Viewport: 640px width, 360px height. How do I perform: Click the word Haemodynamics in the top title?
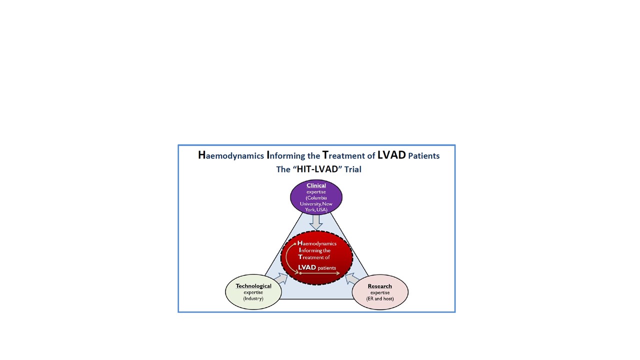(231, 155)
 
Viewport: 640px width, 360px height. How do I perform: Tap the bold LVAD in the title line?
(391, 155)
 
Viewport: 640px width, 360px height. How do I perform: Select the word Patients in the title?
(423, 155)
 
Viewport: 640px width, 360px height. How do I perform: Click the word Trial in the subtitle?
(353, 169)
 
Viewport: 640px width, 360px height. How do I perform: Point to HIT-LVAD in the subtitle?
(317, 169)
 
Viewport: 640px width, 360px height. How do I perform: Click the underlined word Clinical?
(316, 185)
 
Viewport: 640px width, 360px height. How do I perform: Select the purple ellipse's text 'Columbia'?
(317, 197)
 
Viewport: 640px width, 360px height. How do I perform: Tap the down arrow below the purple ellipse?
(316, 222)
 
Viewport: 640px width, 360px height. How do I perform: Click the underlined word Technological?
(253, 286)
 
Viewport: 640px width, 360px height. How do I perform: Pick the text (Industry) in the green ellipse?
(253, 298)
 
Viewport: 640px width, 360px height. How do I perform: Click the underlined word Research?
(379, 286)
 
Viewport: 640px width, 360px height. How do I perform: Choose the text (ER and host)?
(380, 299)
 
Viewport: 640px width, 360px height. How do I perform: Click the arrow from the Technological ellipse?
(281, 278)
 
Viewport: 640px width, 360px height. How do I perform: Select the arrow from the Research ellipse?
(352, 279)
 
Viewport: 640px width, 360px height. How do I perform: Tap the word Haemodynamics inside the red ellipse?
(317, 243)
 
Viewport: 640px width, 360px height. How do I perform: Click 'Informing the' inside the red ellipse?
(314, 250)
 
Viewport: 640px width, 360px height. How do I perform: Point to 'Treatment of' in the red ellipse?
(314, 257)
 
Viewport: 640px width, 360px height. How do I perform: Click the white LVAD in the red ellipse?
(307, 267)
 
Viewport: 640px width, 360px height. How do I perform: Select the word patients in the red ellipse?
(327, 268)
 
